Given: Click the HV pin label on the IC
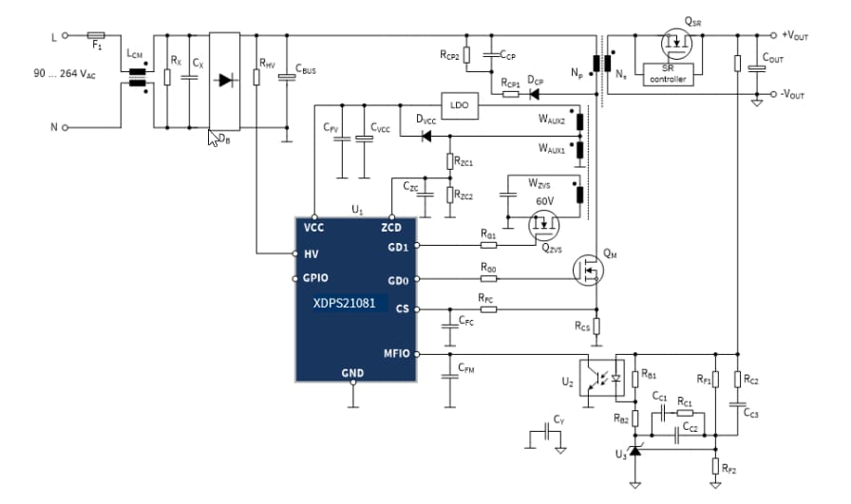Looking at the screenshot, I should pos(311,253).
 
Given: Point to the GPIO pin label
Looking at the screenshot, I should pos(316,279).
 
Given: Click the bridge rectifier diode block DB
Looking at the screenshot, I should pos(225,81).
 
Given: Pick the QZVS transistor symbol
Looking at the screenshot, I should pos(544,226).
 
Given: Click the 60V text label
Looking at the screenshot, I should pos(544,201).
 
